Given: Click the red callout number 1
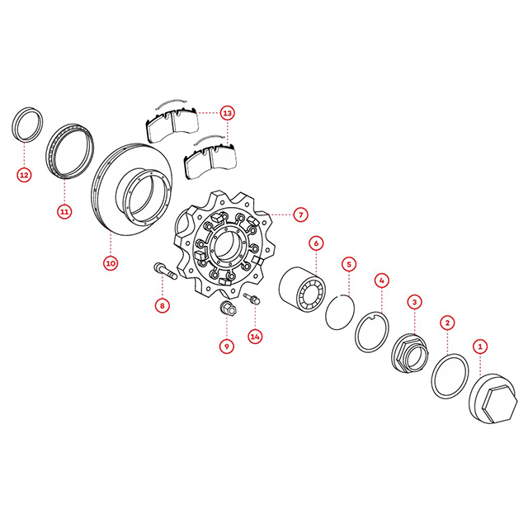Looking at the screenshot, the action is point(480,346).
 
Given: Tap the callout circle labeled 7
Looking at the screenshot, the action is point(300,214).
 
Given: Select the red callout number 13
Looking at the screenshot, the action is point(228,113).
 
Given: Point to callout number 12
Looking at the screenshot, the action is point(24,175).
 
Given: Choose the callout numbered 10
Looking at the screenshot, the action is point(111,263).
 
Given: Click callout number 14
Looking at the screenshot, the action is point(255,337).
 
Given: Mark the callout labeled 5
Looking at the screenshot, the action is point(349,264).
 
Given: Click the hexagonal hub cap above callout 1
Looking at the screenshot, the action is point(493,398).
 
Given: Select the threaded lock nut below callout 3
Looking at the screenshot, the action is point(411,353).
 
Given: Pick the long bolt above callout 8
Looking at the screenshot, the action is point(165,271).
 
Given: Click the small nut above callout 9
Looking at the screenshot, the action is point(228,309).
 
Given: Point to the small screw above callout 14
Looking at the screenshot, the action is point(251,299).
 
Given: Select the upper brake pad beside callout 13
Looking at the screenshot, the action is point(172,124).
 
